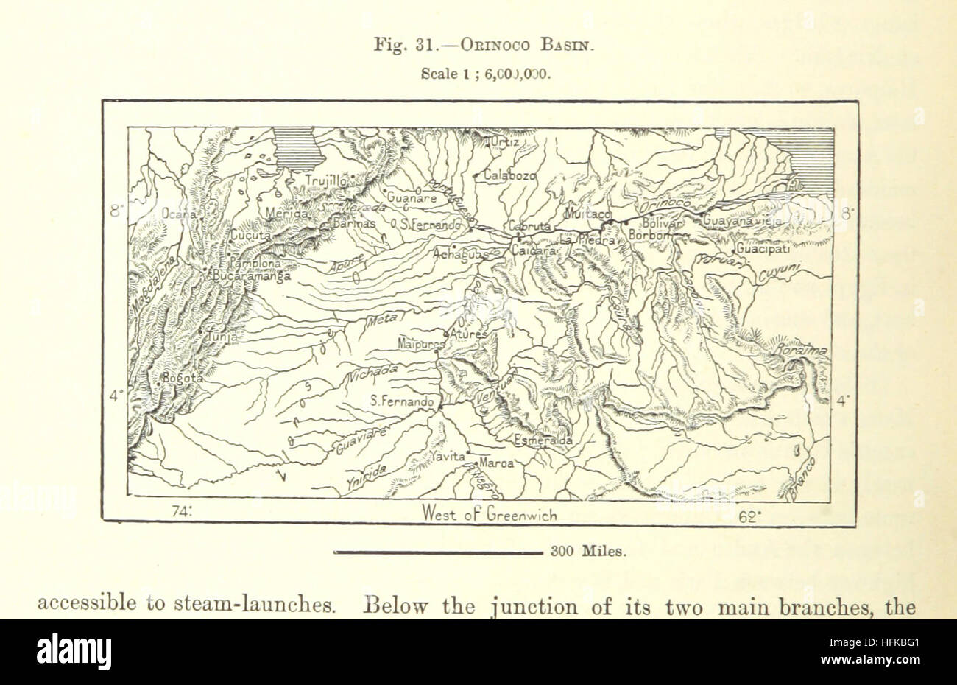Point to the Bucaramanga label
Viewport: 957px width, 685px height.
coord(250,277)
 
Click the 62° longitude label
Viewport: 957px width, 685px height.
coord(749,515)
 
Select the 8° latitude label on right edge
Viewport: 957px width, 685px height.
coord(847,214)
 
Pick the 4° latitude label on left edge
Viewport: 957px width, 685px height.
coord(116,396)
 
